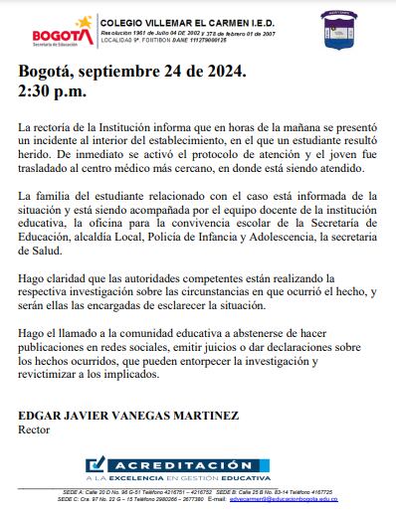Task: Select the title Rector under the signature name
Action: (x=35, y=430)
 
